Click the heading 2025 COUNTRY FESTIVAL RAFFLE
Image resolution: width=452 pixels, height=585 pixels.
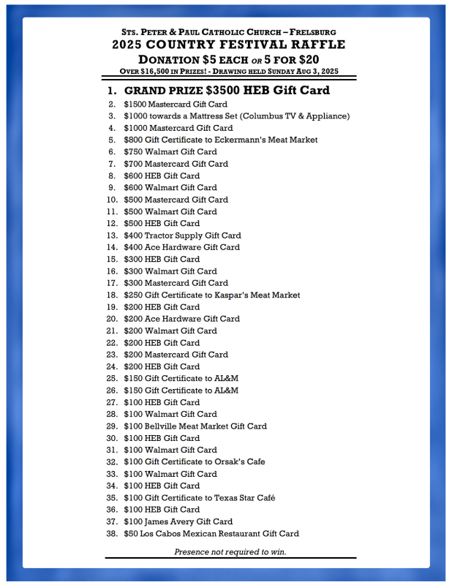[x=229, y=45]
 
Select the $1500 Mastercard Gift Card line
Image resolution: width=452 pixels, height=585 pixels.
[x=175, y=104]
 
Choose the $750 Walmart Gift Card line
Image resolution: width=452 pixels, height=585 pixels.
[x=170, y=151]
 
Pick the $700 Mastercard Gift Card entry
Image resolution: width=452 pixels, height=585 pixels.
[x=175, y=164]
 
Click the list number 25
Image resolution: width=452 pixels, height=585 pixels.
[x=112, y=378]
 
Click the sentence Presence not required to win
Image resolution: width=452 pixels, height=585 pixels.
[x=230, y=551]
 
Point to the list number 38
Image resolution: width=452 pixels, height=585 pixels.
[x=112, y=533]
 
